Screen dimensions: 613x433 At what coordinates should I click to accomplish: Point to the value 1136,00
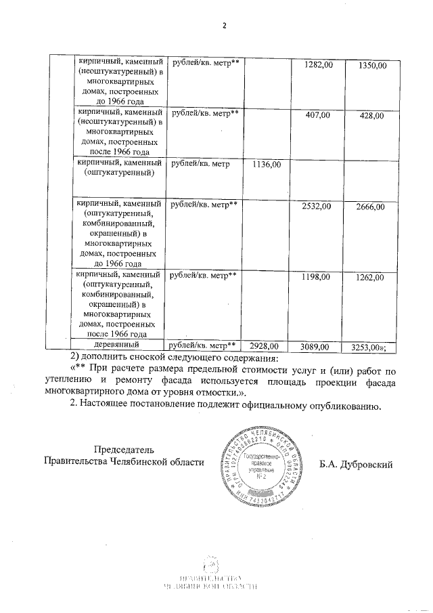pos(266,164)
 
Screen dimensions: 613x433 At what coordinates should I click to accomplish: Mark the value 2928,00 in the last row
pos(265,346)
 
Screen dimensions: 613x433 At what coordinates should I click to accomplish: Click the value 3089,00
pos(315,346)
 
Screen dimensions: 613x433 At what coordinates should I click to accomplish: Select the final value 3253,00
pos(369,347)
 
